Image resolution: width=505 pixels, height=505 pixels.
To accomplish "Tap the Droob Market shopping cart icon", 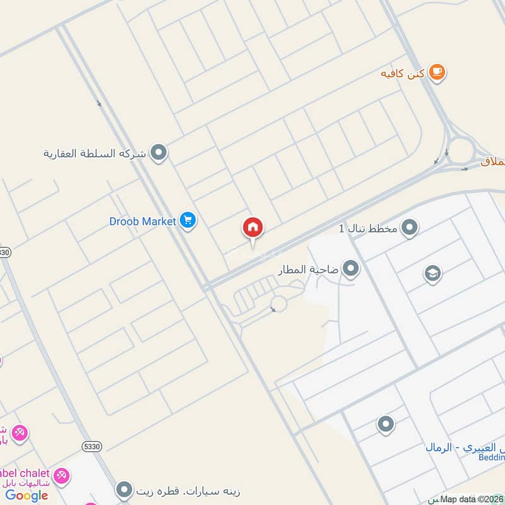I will (187, 221).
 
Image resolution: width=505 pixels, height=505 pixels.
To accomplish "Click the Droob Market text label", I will (143, 222).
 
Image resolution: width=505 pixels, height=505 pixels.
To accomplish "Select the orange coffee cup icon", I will (437, 73).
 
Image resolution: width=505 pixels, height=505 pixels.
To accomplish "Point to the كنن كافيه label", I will (401, 74).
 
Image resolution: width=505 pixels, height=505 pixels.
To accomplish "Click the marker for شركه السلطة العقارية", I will (159, 153).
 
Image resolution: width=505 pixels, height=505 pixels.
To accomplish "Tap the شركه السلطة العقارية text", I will (95, 153).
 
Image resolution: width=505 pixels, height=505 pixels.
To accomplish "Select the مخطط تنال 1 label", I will (368, 227).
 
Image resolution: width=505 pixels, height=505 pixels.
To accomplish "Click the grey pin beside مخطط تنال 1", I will (410, 227).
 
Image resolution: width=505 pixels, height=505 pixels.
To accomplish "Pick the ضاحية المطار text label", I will (309, 270).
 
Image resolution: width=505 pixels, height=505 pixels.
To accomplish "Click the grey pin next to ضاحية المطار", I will (351, 270).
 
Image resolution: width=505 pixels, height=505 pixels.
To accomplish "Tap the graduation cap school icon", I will (432, 273).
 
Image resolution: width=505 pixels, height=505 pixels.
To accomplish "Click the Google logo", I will (27, 496).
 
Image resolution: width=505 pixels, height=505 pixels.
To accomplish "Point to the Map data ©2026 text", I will (471, 499).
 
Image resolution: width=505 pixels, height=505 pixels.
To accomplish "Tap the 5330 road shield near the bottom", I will (92, 446).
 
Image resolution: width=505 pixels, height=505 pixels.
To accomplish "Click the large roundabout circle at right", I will (461, 150).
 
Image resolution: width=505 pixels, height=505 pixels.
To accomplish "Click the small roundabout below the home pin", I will (278, 304).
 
